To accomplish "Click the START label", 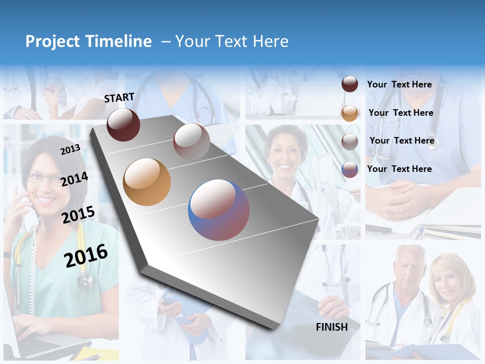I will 119,98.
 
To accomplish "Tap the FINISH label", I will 331,327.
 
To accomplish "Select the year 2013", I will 70,149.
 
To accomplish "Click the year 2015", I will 78,215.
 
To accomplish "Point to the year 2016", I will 86,256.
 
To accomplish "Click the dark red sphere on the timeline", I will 123,124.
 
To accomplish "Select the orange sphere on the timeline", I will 147,182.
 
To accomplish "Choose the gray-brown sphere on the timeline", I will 191,142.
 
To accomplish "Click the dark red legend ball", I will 350,84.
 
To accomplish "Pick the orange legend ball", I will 350,113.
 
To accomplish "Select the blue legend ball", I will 350,169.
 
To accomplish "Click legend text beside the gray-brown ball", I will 402,141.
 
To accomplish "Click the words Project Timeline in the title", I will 88,41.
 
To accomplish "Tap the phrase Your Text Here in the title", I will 231,41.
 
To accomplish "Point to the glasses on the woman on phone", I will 43,178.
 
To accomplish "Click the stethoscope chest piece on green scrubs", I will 84,280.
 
